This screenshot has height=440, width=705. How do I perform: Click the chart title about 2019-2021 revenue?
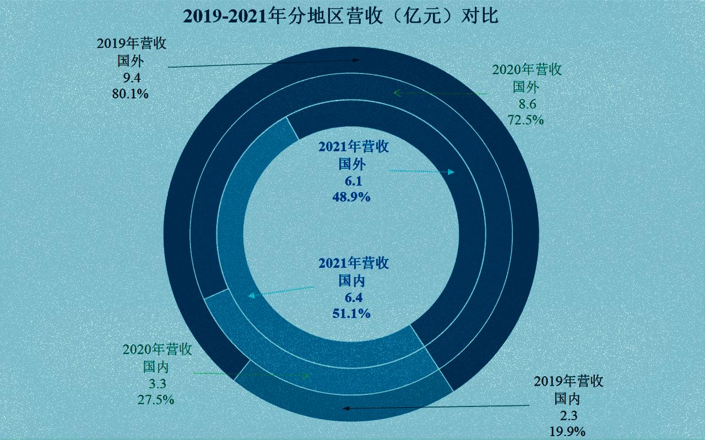click(x=341, y=16)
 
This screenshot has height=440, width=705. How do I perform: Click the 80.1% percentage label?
click(x=130, y=94)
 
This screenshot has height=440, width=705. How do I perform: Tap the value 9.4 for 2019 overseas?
click(x=130, y=77)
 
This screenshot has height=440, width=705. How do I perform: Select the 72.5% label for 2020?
click(x=526, y=119)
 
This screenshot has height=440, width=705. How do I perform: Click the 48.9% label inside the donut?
click(x=353, y=196)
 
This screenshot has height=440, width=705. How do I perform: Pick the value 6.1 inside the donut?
click(x=353, y=180)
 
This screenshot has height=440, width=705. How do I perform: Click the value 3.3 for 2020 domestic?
click(x=156, y=383)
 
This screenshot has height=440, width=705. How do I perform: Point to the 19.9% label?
click(x=567, y=431)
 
